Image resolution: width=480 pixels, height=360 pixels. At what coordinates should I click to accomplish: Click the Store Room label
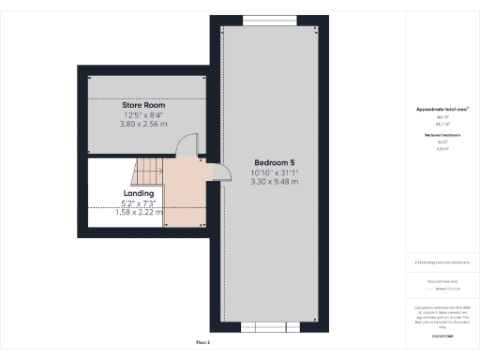coord(143,104)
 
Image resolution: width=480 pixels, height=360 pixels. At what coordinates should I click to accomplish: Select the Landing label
coord(139,193)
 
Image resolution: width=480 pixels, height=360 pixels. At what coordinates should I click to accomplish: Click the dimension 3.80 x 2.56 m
coord(143,123)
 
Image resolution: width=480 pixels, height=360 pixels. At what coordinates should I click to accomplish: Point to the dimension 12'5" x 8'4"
coord(143,113)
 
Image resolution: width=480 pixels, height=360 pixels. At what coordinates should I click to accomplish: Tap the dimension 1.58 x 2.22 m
coord(139,212)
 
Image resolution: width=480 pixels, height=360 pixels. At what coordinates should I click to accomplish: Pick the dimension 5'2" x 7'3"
coord(139,202)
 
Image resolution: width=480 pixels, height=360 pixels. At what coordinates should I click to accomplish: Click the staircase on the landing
coord(148,172)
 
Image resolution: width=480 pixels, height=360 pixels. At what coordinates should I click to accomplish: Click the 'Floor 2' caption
coord(202,342)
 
